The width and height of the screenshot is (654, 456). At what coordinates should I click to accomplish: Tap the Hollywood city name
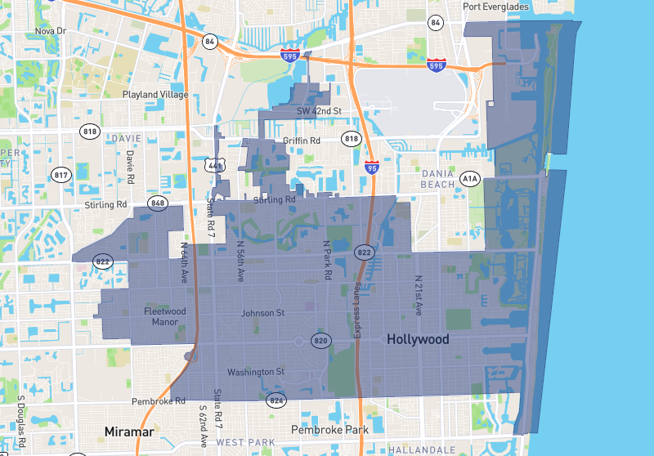pyautogui.click(x=418, y=339)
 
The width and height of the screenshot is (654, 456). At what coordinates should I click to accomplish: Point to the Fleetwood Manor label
pyautogui.click(x=165, y=316)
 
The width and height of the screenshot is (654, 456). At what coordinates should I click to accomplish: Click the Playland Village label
pyautogui.click(x=155, y=95)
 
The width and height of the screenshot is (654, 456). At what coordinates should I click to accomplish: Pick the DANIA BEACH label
pyautogui.click(x=438, y=179)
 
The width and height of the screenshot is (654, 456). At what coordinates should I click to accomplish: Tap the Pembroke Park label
pyautogui.click(x=330, y=429)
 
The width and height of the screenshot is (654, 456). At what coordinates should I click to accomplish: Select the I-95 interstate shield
pyautogui.click(x=372, y=167)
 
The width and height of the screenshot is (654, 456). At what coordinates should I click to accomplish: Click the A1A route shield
pyautogui.click(x=469, y=177)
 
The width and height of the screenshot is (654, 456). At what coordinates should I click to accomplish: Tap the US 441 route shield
pyautogui.click(x=214, y=166)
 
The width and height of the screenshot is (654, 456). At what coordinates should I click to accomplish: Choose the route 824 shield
pyautogui.click(x=275, y=400)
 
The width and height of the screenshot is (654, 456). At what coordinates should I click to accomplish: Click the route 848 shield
pyautogui.click(x=158, y=203)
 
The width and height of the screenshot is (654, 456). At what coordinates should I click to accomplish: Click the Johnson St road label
pyautogui.click(x=262, y=313)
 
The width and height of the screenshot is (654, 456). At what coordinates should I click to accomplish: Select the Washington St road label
pyautogui.click(x=256, y=372)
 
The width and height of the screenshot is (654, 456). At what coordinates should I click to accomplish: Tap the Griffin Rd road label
pyautogui.click(x=301, y=141)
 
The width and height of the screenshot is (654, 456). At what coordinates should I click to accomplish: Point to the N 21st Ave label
pyautogui.click(x=418, y=296)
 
